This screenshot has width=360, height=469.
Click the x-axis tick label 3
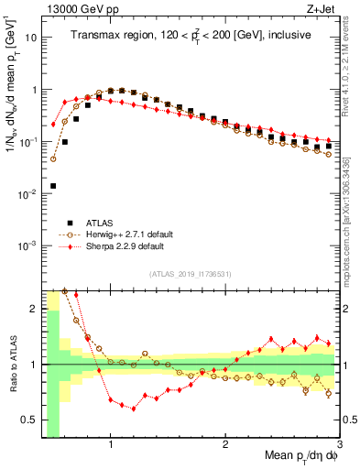339,444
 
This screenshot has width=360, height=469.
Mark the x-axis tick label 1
111,444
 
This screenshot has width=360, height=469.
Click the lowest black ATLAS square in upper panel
53,186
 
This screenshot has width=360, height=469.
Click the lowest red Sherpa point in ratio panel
134,409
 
